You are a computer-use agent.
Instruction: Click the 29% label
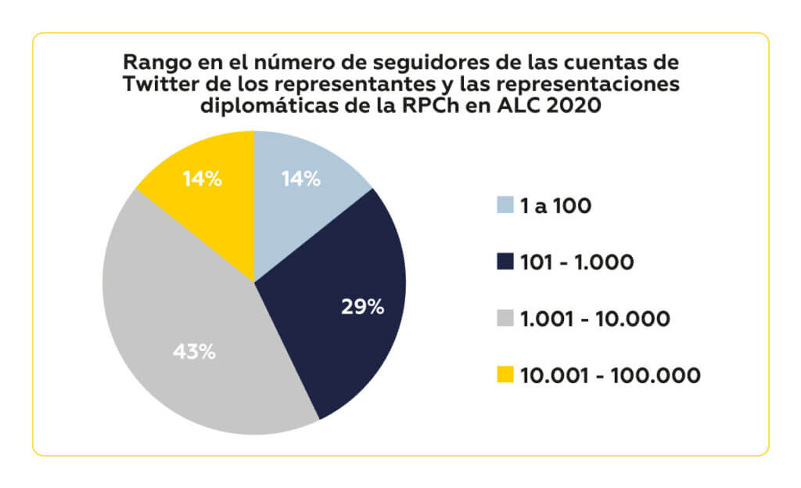362,306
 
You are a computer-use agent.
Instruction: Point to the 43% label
193,352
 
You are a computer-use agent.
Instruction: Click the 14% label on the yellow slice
202,179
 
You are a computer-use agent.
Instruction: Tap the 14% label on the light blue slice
301,179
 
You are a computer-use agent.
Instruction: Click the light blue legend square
505,206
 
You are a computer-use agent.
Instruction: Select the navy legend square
505,262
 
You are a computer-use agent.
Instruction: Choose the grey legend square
505,319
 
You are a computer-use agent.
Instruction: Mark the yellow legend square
505,375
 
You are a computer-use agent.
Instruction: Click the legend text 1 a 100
556,206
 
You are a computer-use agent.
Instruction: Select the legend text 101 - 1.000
577,262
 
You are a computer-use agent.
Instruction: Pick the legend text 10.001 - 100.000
610,375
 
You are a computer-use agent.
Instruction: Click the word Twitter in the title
156,85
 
